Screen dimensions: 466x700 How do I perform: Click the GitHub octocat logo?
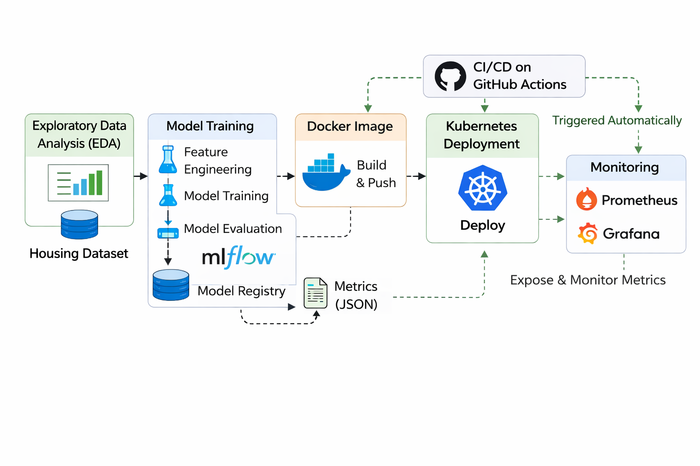[x=450, y=76]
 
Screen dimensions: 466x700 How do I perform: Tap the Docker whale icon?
[x=325, y=173]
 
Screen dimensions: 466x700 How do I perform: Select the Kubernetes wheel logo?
[x=483, y=188]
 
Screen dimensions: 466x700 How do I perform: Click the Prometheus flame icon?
[x=587, y=199]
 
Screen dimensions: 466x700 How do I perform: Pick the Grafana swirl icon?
[x=587, y=233]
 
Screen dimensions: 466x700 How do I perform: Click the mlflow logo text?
[x=238, y=257]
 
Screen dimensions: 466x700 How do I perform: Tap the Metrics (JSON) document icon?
[x=315, y=294]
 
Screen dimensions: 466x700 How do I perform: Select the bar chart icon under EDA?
[x=78, y=183]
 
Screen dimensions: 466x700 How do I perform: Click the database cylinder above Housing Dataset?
[x=79, y=224]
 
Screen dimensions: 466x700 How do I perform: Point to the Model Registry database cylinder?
[x=171, y=285]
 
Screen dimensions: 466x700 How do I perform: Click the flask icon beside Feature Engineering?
[x=168, y=160]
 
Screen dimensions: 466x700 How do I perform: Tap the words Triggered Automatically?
[x=617, y=121]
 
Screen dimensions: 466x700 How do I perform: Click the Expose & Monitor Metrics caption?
[x=587, y=280]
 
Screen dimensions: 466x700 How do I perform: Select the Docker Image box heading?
[x=350, y=127]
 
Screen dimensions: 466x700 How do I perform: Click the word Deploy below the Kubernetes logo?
[x=483, y=225]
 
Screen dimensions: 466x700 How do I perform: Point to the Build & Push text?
[x=376, y=174]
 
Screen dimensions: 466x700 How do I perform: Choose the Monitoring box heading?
[x=624, y=167]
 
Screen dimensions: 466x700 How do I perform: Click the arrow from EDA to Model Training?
[x=141, y=176]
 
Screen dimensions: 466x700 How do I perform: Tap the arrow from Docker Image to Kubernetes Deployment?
[x=416, y=176]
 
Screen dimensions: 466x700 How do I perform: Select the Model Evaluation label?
[x=232, y=228]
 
